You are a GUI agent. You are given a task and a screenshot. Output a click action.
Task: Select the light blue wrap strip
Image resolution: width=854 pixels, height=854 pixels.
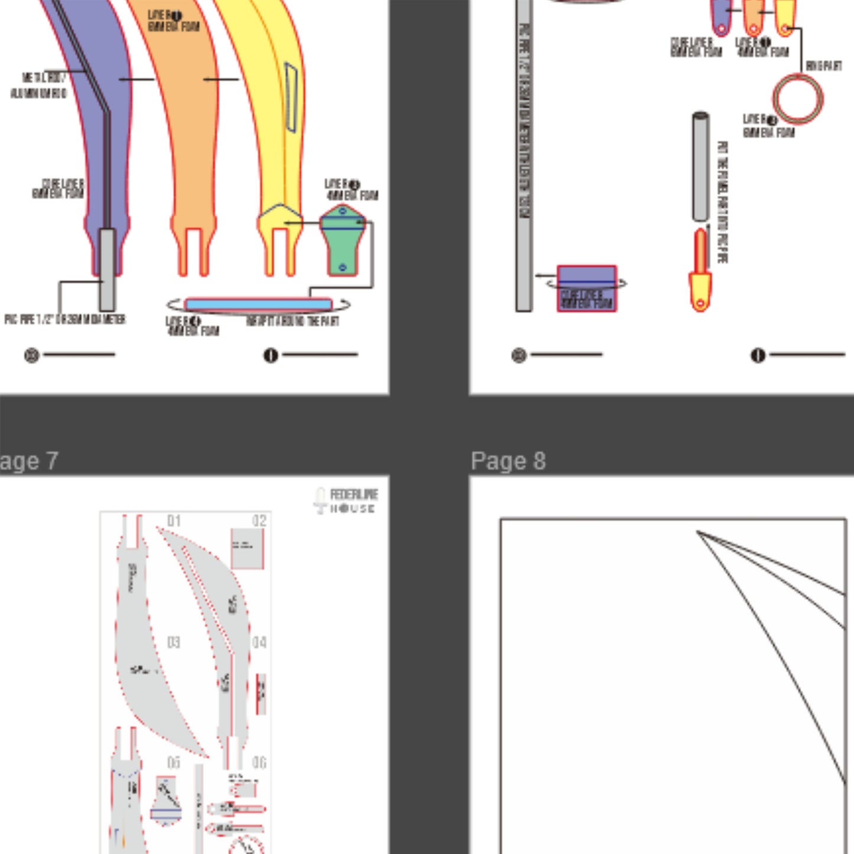[x=258, y=305]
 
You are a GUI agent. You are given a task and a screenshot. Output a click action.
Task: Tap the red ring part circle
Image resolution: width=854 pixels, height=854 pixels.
[x=797, y=99]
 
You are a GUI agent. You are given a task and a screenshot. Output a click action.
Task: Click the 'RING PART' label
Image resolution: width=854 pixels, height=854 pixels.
[x=823, y=66]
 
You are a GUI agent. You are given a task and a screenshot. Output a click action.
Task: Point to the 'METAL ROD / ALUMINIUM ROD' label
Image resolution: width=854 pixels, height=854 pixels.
[x=39, y=86]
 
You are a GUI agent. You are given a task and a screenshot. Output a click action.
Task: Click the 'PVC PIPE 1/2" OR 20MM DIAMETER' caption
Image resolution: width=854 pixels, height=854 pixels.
[x=65, y=320]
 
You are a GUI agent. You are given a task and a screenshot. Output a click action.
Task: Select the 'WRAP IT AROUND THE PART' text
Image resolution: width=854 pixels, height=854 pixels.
[x=293, y=321]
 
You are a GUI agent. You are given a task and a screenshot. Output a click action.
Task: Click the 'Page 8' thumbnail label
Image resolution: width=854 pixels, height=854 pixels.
[x=508, y=461]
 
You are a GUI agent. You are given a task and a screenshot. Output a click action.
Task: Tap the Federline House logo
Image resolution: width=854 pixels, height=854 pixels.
[x=346, y=501]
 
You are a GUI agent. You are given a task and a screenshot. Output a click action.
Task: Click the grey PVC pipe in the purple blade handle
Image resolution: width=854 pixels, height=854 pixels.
[x=107, y=269]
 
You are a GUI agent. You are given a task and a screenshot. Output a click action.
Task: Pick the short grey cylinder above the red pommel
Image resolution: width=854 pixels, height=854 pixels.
[x=700, y=167]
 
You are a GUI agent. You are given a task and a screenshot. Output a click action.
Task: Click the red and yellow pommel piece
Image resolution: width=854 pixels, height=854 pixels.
[x=700, y=272]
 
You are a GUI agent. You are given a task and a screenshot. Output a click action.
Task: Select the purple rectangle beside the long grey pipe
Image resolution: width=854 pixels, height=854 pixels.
[x=587, y=288]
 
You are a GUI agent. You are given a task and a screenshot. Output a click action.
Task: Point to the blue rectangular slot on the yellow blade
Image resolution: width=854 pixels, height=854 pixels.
[x=291, y=97]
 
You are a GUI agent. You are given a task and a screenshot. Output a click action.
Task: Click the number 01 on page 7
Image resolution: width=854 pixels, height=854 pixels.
[x=174, y=521]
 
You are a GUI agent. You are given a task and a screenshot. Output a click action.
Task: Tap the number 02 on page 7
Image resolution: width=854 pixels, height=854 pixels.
[x=259, y=521]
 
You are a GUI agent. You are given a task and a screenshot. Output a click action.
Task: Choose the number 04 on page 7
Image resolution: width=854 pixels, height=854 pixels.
[x=259, y=642]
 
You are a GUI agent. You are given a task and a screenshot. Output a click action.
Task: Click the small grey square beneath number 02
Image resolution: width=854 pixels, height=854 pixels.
[x=247, y=548]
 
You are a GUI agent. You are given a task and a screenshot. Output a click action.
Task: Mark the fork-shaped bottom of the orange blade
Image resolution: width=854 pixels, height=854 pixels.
[x=193, y=251]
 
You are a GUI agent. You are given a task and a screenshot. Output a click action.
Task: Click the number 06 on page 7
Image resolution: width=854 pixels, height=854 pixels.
[x=259, y=762]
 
